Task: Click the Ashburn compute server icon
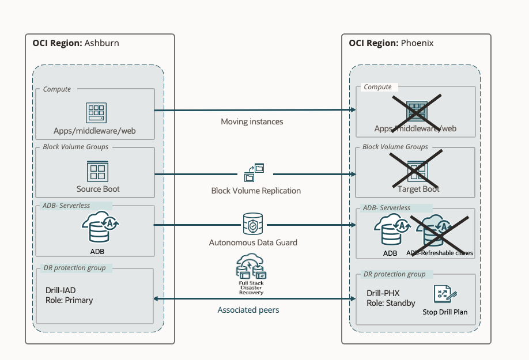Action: click(x=96, y=112)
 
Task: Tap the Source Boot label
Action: click(x=98, y=189)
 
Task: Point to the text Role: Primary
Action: click(x=69, y=300)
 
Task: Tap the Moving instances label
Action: click(x=252, y=122)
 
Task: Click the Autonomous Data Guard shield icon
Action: click(x=253, y=224)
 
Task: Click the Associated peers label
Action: click(x=248, y=310)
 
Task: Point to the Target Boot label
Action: click(x=418, y=189)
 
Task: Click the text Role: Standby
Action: click(x=391, y=303)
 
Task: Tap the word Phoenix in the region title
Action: click(x=417, y=43)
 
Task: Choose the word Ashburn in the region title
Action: click(x=102, y=43)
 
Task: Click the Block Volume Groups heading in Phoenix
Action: click(x=395, y=147)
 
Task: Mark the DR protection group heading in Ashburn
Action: click(x=74, y=267)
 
